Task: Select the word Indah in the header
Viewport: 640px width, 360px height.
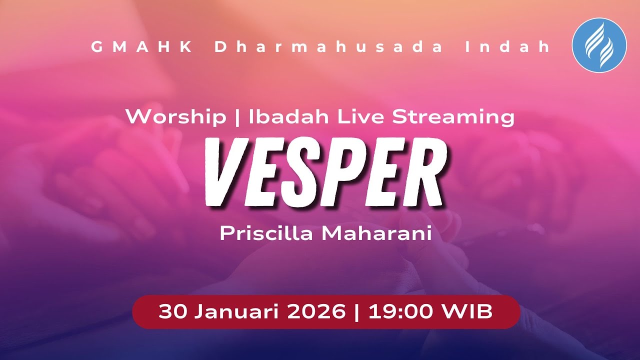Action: click(x=507, y=47)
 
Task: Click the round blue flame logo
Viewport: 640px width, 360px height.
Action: click(x=599, y=45)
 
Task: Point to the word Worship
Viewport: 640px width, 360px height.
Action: click(x=175, y=117)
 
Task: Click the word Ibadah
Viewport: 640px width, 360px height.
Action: click(x=289, y=117)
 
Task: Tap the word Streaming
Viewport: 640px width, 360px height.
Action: click(x=453, y=117)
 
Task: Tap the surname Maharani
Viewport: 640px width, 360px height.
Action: click(x=376, y=233)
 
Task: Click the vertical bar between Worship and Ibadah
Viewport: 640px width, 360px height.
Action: click(x=237, y=117)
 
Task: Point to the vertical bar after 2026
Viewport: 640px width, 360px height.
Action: click(x=356, y=312)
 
